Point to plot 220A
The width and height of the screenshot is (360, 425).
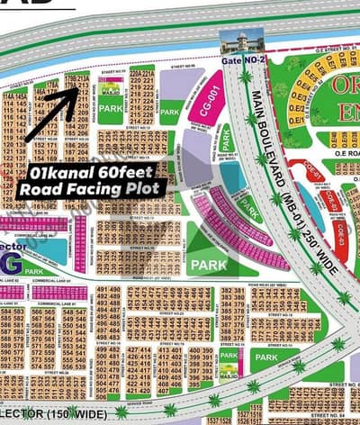pos(135,68)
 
